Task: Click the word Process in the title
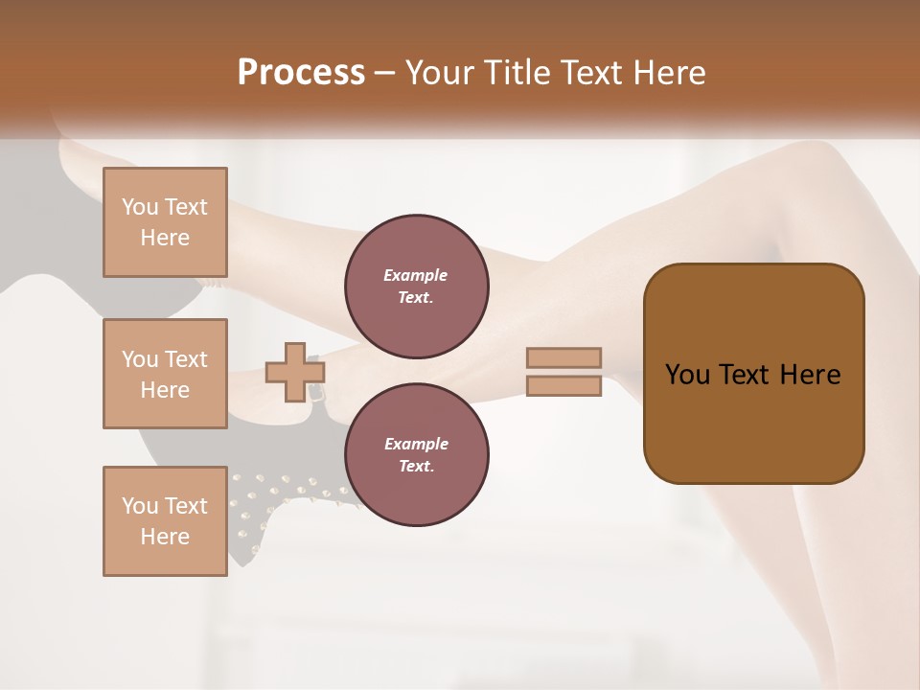click(301, 73)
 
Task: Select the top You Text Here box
click(165, 222)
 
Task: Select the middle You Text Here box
click(165, 374)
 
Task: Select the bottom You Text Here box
click(165, 521)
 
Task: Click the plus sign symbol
click(294, 373)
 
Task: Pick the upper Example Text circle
click(416, 287)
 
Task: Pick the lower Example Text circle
click(416, 455)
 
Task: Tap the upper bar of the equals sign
click(563, 358)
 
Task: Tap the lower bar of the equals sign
click(563, 386)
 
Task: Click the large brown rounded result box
click(753, 374)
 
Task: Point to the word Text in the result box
click(746, 375)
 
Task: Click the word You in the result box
click(686, 375)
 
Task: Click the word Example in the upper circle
click(416, 276)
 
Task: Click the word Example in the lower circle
click(416, 445)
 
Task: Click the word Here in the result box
click(810, 375)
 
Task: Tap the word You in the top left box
click(140, 207)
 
